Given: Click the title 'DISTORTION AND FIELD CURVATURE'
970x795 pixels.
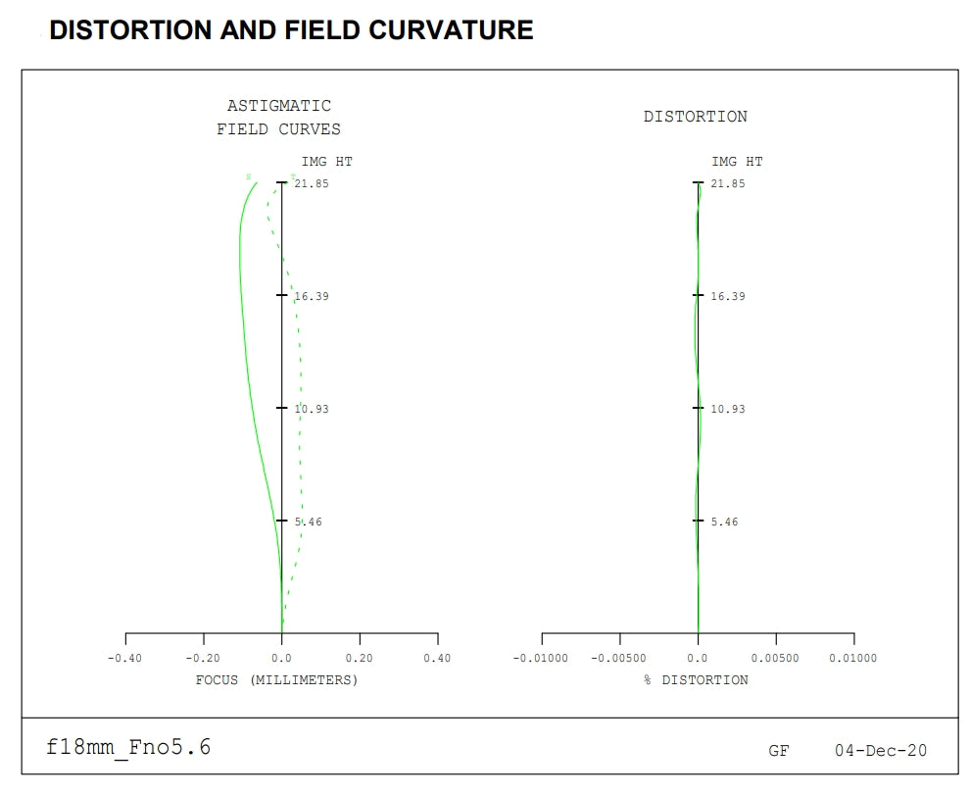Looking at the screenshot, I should pyautogui.click(x=291, y=30).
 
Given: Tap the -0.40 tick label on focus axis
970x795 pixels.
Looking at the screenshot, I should pyautogui.click(x=124, y=659).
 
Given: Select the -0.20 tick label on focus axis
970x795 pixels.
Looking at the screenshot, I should pyautogui.click(x=203, y=659).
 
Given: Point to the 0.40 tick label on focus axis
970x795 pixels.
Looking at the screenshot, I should pyautogui.click(x=437, y=659).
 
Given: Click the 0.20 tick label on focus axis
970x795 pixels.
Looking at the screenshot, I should pyautogui.click(x=360, y=659).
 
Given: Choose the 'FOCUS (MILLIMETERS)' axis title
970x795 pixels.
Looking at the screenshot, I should pyautogui.click(x=277, y=680).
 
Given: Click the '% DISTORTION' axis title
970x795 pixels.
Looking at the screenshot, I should pyautogui.click(x=696, y=680).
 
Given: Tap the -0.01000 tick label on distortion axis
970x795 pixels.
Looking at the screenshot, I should pyautogui.click(x=541, y=659).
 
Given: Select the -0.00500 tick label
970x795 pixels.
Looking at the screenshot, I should pyautogui.click(x=619, y=659).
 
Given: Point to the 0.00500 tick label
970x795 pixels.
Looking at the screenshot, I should pyautogui.click(x=776, y=659).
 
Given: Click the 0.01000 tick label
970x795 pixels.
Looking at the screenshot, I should pyautogui.click(x=853, y=659).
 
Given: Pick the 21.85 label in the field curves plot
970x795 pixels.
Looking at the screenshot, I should pyautogui.click(x=313, y=183).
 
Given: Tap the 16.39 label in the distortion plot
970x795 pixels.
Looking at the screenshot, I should pyautogui.click(x=728, y=296).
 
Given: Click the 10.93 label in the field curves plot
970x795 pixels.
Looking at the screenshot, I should pyautogui.click(x=313, y=409).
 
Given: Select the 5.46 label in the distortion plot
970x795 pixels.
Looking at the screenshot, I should pyautogui.click(x=725, y=522).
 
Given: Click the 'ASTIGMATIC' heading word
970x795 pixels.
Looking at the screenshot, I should pyautogui.click(x=279, y=106).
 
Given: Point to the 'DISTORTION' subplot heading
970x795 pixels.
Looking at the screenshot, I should pyautogui.click(x=696, y=117).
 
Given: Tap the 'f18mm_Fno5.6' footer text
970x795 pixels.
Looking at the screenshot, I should pyautogui.click(x=128, y=748).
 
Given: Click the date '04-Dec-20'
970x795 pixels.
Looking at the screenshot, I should pyautogui.click(x=881, y=751).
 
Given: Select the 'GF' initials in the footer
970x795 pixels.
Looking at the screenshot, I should pyautogui.click(x=779, y=752).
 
